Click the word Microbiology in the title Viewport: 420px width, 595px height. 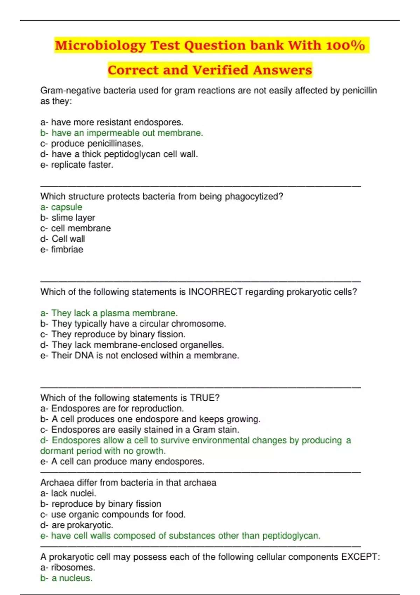pyautogui.click(x=100, y=46)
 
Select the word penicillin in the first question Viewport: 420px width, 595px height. pyautogui.click(x=359, y=91)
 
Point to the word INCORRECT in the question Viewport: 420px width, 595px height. pyautogui.click(x=215, y=292)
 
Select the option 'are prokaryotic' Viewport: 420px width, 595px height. pyautogui.click(x=82, y=525)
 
